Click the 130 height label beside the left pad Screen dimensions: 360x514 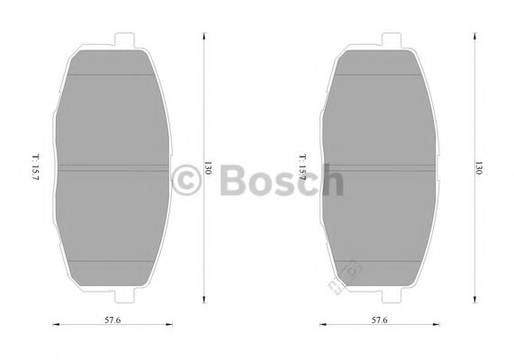tap(208, 170)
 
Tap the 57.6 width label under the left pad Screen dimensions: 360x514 tap(112, 319)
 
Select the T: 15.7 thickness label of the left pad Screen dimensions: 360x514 tap(35, 171)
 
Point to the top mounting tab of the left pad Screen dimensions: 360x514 tap(125, 40)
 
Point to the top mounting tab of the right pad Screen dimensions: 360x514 tap(392, 40)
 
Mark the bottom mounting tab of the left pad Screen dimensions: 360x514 tap(125, 296)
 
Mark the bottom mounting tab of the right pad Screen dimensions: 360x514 tap(392, 296)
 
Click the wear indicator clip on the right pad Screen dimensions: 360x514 tap(346, 275)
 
